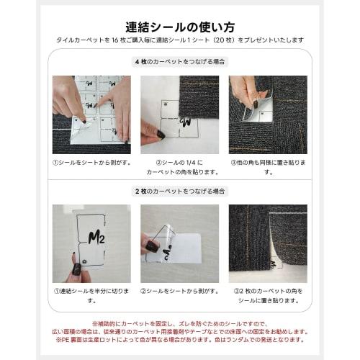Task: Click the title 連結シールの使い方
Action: (x=179, y=27)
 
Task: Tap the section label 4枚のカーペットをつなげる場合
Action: (x=179, y=61)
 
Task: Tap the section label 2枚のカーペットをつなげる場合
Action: (x=179, y=191)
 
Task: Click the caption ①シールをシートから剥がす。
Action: (x=91, y=163)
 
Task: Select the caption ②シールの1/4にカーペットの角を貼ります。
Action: (x=179, y=167)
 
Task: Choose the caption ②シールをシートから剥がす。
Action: (x=179, y=292)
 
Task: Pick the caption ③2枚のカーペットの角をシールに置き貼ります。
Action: (x=268, y=296)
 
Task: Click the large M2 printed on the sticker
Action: (x=96, y=238)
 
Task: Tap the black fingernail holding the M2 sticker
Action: (x=76, y=269)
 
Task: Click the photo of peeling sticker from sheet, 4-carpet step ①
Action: (x=91, y=114)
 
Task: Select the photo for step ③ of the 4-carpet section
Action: (x=268, y=114)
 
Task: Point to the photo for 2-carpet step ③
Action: (x=268, y=243)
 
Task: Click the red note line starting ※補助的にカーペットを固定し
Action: (x=179, y=324)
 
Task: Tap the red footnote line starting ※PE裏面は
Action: (x=179, y=341)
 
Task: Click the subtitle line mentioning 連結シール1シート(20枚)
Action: (x=179, y=42)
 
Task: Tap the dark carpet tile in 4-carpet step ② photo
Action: (x=202, y=97)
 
